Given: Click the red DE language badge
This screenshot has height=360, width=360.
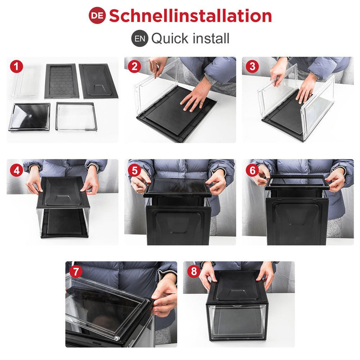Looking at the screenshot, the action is click(97, 15).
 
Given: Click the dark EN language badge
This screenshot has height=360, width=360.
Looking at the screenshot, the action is click(140, 39).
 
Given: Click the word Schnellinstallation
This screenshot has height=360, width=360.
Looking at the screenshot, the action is click(190, 16).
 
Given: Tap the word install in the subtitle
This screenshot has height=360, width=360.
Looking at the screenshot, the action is click(211, 38).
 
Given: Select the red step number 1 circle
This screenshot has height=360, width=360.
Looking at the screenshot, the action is click(17, 67).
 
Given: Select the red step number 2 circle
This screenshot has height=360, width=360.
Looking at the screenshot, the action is click(135, 67).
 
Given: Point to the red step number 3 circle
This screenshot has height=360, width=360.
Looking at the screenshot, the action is click(252, 67).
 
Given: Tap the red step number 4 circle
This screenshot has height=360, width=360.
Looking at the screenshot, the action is click(17, 171).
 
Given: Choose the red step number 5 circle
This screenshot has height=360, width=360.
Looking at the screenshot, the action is click(135, 171).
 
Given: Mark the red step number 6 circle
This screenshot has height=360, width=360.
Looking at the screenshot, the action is click(252, 171).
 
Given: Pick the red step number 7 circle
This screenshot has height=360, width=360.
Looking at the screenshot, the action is click(76, 271).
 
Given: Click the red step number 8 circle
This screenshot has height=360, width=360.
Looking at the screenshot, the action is click(194, 271).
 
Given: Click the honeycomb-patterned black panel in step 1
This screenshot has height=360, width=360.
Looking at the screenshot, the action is click(62, 81).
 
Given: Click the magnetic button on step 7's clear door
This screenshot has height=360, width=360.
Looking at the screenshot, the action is click(117, 338).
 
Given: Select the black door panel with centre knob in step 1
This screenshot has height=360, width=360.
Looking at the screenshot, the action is click(30, 117).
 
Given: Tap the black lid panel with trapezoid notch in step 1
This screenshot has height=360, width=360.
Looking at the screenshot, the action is click(98, 81).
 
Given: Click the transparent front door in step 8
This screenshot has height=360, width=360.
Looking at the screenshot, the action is click(237, 322).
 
